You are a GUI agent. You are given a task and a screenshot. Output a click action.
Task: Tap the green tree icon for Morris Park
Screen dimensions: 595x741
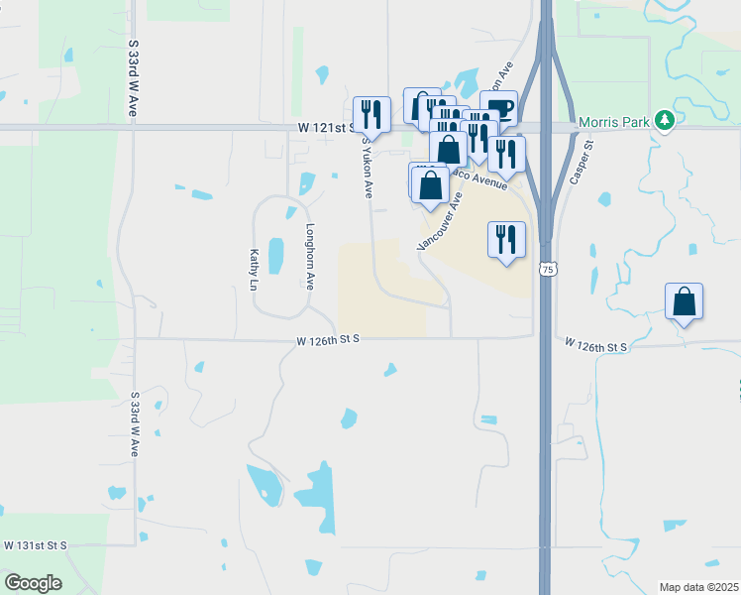point(665,121)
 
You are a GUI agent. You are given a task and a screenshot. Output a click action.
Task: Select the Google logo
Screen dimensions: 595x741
point(33,582)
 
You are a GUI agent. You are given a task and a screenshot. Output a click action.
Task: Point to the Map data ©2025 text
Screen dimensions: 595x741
point(698,587)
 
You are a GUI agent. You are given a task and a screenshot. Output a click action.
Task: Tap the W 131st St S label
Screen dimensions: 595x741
point(35,545)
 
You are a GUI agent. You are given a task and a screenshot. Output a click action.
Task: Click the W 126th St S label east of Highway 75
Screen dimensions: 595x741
point(596,346)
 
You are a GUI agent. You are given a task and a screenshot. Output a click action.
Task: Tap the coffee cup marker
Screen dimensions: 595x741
point(498,108)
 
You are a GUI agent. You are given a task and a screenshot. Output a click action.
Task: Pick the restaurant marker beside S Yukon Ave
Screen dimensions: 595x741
point(372,114)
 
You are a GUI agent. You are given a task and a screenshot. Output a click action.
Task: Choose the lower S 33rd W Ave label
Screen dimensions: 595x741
point(135,423)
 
